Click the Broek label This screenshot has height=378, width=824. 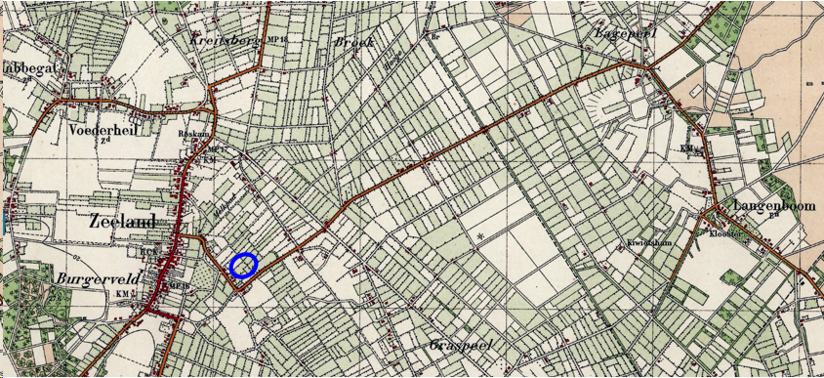[353, 43]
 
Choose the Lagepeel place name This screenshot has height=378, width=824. [626, 33]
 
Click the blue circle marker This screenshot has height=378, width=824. [243, 264]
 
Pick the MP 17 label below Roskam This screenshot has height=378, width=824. [217, 148]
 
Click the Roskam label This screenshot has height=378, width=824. [194, 133]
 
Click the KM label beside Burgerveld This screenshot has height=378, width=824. [122, 293]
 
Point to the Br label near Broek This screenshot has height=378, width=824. [435, 37]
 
